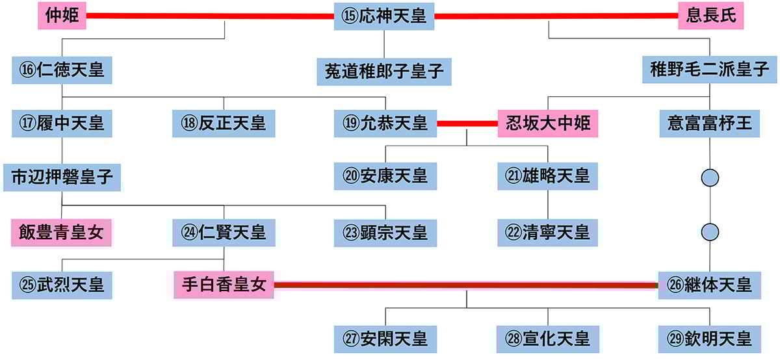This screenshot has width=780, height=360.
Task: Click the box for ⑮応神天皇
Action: click(384, 16)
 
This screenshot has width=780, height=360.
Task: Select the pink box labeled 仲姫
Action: click(62, 16)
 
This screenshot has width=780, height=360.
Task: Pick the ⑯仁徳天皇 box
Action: click(62, 70)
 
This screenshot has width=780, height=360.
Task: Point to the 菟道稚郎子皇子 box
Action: click(384, 71)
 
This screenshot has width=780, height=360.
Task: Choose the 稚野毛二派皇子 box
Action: click(709, 70)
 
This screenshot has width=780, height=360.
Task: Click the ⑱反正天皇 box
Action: click(224, 122)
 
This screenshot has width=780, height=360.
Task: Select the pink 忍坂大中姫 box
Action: click(547, 123)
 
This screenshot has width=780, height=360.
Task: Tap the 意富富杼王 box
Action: click(709, 122)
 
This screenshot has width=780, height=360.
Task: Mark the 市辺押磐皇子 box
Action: click(62, 177)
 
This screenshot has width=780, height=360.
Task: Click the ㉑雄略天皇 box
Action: click(547, 177)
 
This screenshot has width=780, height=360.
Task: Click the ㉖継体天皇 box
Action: click(709, 285)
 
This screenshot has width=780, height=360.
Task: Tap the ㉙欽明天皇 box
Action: click(709, 339)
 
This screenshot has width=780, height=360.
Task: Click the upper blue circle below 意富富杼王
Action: click(710, 177)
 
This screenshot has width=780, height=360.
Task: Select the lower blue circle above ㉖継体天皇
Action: click(710, 231)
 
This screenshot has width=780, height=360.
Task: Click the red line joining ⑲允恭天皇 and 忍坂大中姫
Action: click(467, 123)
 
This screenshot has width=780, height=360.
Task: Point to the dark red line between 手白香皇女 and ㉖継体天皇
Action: click(466, 285)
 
